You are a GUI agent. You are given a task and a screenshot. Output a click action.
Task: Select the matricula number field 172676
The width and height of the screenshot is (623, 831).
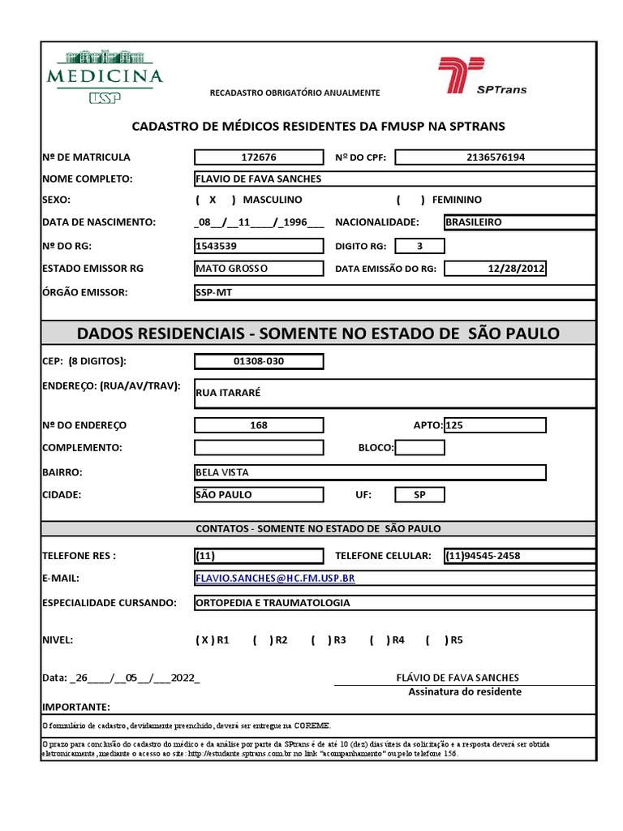[x=259, y=157]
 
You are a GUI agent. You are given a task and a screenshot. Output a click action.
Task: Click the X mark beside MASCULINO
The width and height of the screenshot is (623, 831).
[x=213, y=200]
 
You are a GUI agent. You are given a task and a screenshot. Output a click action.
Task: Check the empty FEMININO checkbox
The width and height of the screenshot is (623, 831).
[x=410, y=200]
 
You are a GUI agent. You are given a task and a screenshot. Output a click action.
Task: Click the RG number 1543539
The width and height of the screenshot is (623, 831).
[x=259, y=246]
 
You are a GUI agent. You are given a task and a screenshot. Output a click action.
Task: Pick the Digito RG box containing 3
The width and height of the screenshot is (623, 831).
[x=419, y=246]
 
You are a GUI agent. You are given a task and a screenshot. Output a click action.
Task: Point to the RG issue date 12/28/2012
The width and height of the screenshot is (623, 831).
[x=496, y=269]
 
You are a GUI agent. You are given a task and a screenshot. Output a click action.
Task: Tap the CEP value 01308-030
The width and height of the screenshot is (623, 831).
[x=259, y=361]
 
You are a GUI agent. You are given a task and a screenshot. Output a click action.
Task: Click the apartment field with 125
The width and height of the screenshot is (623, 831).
[x=495, y=425]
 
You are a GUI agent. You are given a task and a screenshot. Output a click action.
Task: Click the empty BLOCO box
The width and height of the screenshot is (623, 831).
[x=419, y=447]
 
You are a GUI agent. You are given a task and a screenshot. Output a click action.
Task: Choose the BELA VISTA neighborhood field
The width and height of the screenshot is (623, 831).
[x=370, y=472]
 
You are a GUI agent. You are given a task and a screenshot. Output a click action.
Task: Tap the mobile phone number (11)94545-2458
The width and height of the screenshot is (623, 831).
[x=519, y=556]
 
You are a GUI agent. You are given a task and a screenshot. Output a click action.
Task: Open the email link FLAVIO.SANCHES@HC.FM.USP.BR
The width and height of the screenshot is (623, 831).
[x=275, y=578]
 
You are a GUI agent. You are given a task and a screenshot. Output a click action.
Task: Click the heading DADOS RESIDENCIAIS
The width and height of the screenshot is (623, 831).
[x=318, y=334]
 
